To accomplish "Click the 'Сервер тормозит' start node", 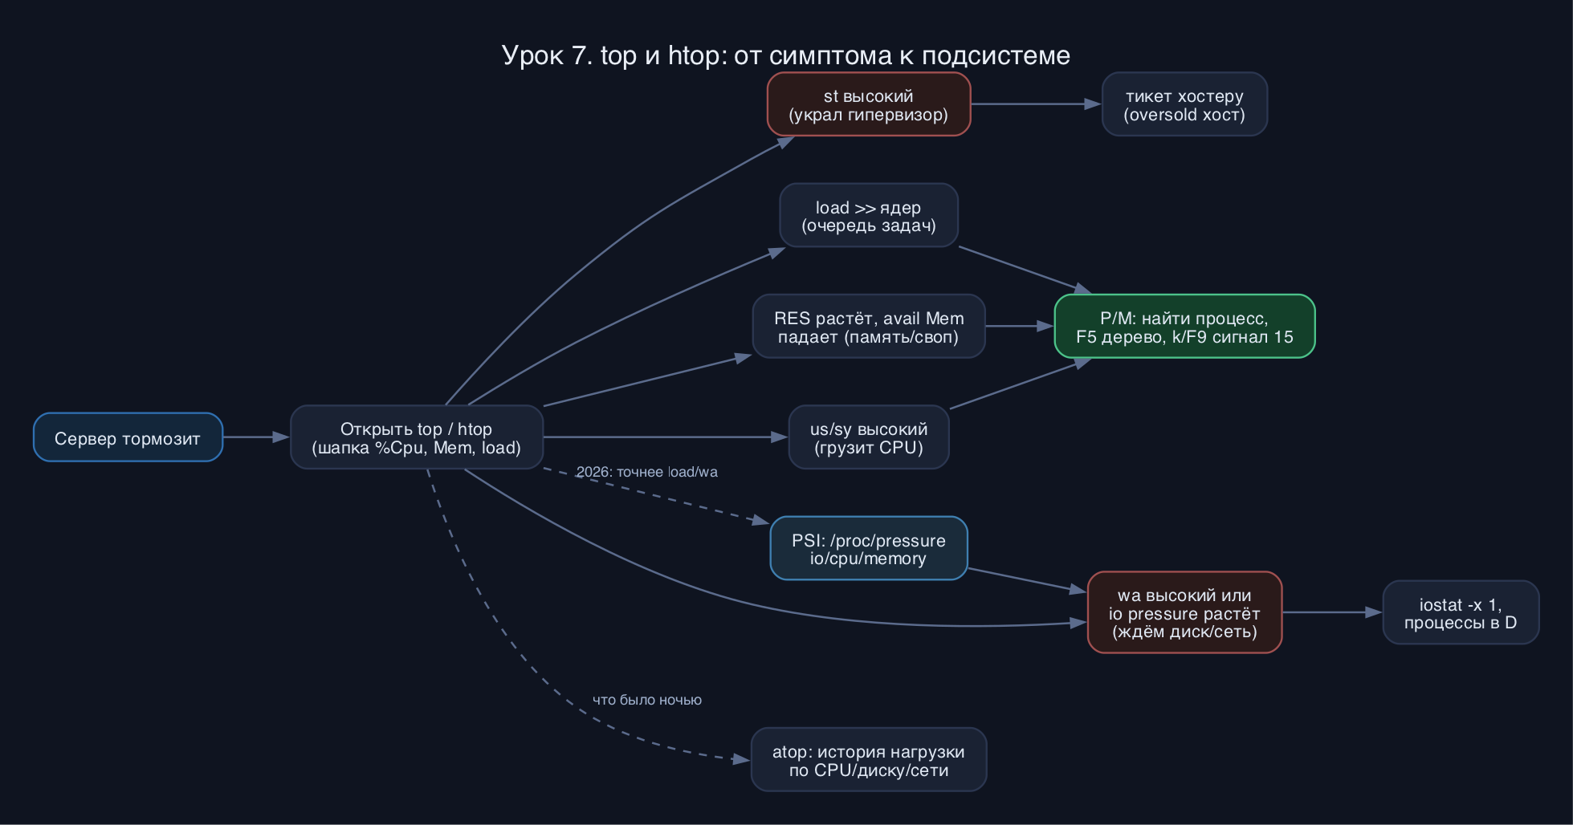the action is click(128, 437).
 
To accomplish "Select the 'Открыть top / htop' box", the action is click(417, 437).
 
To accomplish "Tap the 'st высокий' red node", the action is click(869, 104).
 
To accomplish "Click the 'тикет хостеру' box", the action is click(1184, 104).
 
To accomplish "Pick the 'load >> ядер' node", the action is click(869, 215).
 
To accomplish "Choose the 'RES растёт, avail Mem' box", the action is click(869, 327).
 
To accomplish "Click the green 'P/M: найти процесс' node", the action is click(1184, 327).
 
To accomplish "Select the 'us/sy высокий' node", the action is click(869, 437).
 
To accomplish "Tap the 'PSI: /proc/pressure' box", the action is click(869, 548).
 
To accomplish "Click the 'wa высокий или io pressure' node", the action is click(1184, 612).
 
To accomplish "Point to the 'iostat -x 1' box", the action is click(1461, 612).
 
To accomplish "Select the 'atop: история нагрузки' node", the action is click(869, 759).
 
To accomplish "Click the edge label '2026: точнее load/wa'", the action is click(647, 472).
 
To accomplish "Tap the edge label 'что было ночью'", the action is click(647, 700).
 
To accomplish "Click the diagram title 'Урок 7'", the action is click(786, 55).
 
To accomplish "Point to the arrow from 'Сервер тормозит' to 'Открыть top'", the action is click(256, 437).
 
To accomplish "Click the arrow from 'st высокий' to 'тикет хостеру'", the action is click(1036, 104).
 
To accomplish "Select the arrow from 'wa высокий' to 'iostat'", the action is click(1332, 612).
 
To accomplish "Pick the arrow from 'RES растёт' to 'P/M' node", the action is click(1020, 327).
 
